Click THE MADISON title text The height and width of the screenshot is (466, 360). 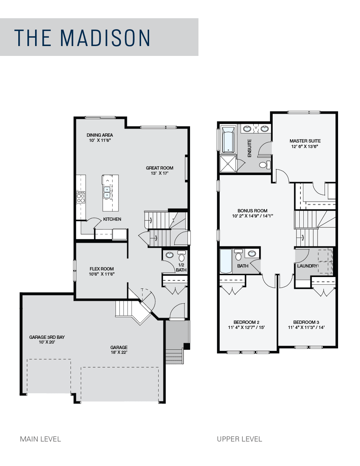pos(82,38)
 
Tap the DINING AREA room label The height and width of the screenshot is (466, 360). pos(100,135)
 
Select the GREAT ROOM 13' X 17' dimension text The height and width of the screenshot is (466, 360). pos(159,173)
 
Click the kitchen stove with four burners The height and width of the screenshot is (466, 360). pos(81,197)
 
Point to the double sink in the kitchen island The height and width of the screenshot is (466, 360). pos(107,192)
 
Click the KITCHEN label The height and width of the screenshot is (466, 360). pos(112,219)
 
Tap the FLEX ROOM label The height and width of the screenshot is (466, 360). pos(102,269)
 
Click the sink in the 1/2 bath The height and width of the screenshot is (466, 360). pos(169,255)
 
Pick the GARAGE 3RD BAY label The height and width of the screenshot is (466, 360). pos(47,337)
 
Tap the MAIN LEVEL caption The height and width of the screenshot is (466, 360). pos(40,439)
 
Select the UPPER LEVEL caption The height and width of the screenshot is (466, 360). pos(239,439)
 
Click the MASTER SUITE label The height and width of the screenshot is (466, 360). pos(305,141)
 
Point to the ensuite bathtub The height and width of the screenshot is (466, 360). pos(228,140)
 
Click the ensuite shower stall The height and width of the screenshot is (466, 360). pos(228,164)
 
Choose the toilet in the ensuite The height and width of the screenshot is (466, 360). pos(265,165)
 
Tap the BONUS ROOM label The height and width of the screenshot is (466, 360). pos(252,211)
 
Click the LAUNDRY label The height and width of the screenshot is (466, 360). pos(307,266)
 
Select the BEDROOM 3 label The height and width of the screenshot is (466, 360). pos(306,322)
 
